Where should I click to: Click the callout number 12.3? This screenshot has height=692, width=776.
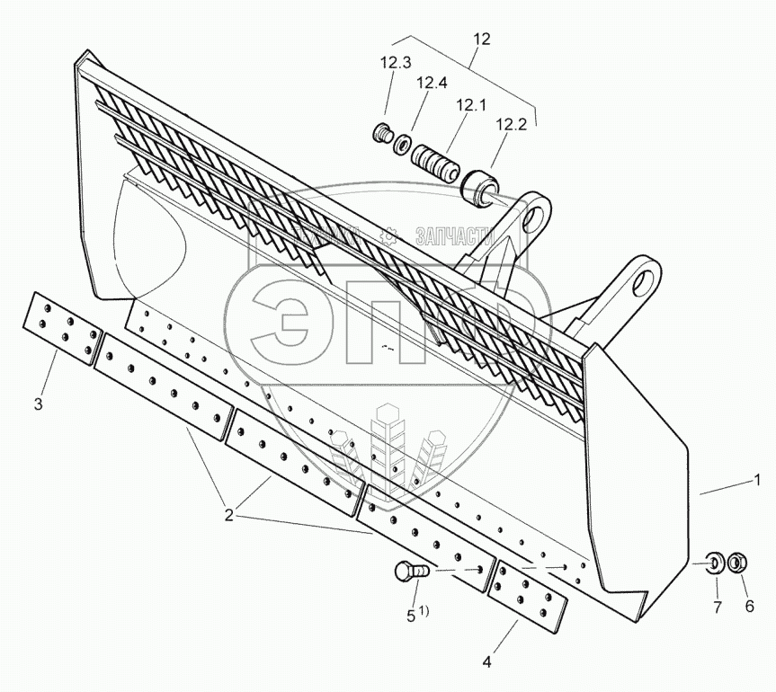(x=396, y=63)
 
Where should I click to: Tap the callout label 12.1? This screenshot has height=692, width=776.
(x=470, y=104)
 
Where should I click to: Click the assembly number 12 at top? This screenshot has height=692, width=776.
(x=482, y=39)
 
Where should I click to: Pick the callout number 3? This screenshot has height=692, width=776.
(x=38, y=404)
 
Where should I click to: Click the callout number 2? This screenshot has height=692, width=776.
(x=229, y=516)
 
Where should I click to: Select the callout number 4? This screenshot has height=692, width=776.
(x=486, y=663)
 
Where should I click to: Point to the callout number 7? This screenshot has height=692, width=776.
(x=717, y=608)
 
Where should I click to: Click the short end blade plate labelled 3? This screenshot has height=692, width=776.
(x=61, y=329)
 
